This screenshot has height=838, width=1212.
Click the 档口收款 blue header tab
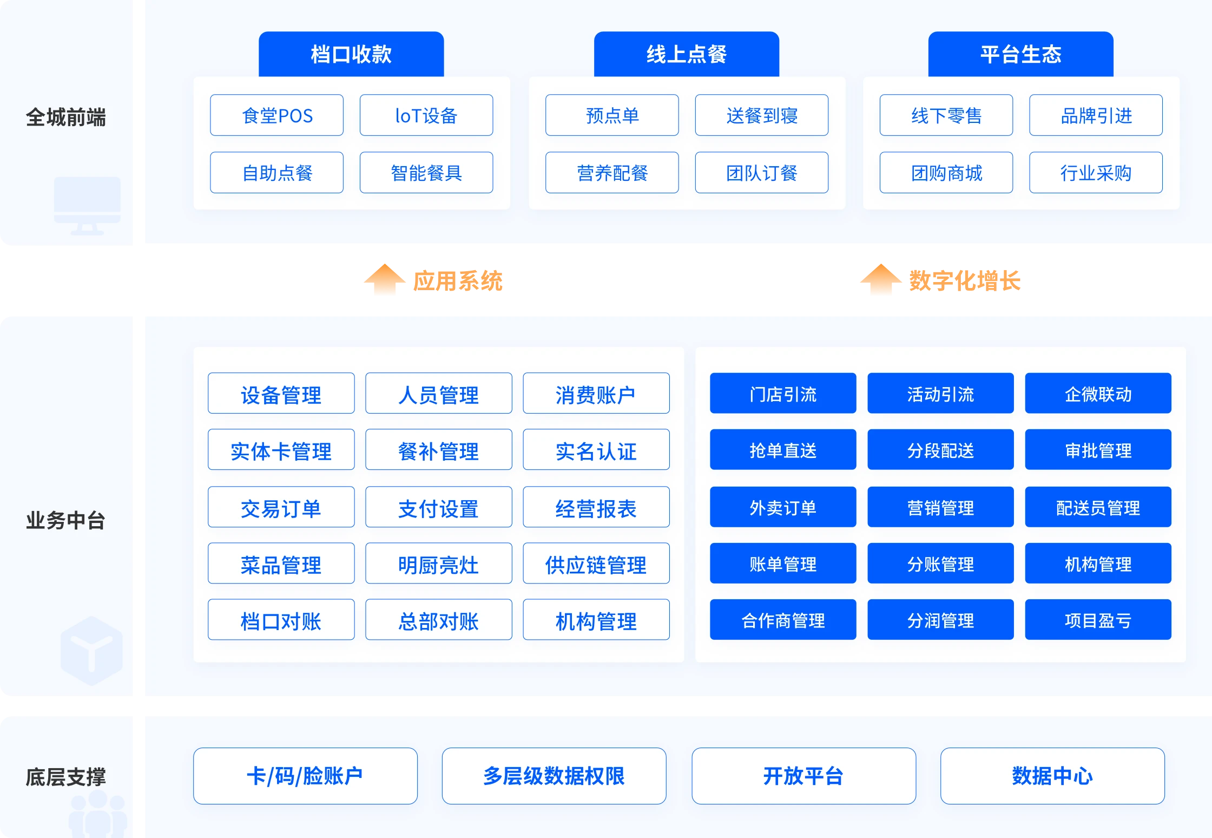point(351,54)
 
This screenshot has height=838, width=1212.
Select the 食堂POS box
point(277,115)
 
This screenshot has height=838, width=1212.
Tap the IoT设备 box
point(426,115)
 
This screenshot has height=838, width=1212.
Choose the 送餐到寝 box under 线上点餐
point(762,115)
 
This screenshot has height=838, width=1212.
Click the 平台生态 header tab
point(1021,54)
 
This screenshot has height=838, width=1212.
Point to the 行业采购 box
point(1096,173)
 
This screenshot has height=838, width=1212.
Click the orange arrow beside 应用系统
point(385,279)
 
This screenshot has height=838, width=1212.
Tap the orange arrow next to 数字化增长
point(881,279)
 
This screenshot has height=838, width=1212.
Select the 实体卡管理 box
point(281,450)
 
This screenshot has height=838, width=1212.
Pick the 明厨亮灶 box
point(439,564)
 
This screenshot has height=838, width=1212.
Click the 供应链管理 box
point(596,564)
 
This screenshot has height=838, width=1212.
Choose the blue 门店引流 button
point(783,394)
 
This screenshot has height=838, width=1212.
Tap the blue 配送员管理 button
point(1098,507)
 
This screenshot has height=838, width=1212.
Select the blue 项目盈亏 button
point(1098,620)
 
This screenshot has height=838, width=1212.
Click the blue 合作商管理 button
point(783,620)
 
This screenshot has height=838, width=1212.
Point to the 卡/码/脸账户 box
point(306,776)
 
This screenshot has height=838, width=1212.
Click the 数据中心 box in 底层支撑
point(1053,776)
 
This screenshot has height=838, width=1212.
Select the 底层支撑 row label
point(66,777)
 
